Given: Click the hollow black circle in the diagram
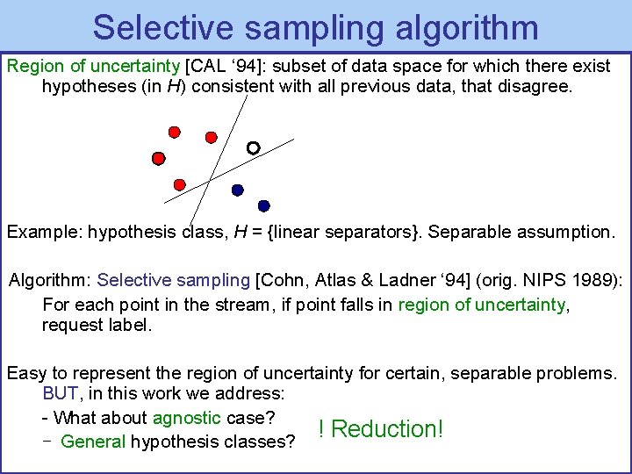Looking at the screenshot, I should point(253,148).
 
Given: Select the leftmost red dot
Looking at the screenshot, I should point(159,159).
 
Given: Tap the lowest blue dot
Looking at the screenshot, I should point(264,206).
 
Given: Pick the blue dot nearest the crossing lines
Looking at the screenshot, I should point(237,190).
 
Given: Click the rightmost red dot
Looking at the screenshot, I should point(211,137).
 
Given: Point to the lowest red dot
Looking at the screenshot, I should point(180,184).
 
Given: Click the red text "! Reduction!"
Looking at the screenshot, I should point(381,429).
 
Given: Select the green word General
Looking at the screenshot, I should point(93,442).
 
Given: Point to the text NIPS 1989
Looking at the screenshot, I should point(572,280).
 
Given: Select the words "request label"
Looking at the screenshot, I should point(97,326).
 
